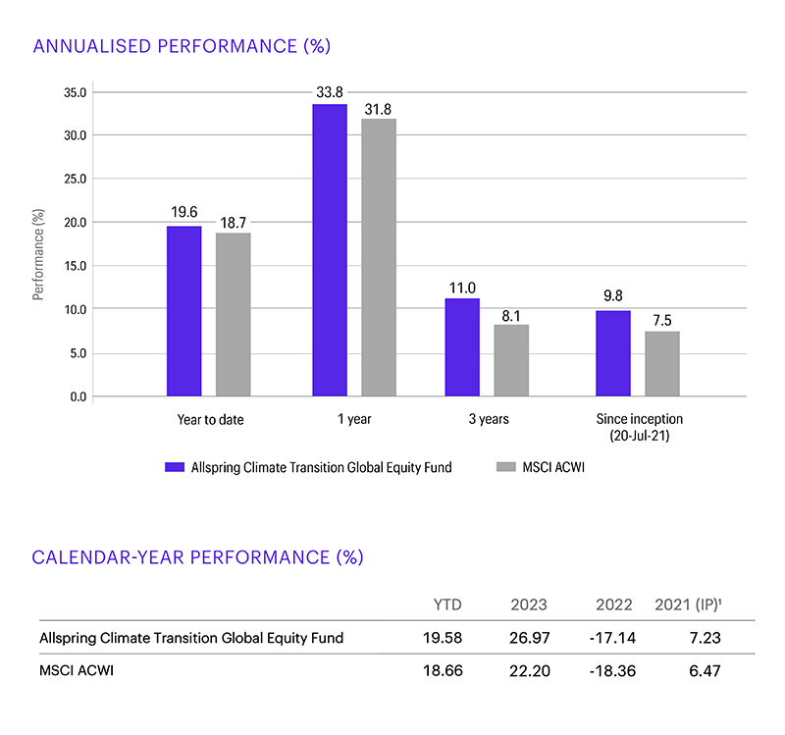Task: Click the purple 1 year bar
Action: click(330, 250)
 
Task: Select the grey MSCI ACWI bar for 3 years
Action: click(511, 360)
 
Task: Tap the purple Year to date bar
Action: click(183, 311)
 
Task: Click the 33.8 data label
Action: click(330, 92)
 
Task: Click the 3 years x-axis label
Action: click(487, 419)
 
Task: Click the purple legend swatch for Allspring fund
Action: click(175, 468)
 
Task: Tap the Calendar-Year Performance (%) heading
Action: click(197, 556)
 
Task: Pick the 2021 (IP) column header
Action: click(688, 604)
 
